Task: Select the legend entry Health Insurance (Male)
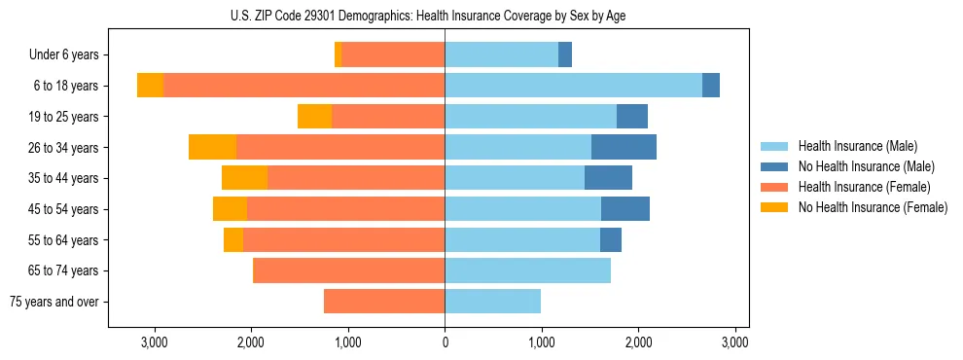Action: coord(856,146)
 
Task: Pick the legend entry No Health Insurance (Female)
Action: coord(873,207)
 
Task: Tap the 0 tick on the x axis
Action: coord(445,342)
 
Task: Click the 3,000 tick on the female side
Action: coord(155,342)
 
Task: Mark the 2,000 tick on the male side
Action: coord(638,342)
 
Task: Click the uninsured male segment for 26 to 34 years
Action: coord(624,147)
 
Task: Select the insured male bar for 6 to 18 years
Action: coord(573,86)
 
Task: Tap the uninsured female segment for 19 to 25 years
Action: coord(314,117)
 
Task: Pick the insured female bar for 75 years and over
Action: coord(384,302)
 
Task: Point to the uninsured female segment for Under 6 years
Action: coord(338,55)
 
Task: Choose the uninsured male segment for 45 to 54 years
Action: coord(624,209)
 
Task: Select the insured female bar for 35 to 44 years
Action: coord(356,178)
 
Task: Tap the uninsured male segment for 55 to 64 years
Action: coord(610,239)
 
